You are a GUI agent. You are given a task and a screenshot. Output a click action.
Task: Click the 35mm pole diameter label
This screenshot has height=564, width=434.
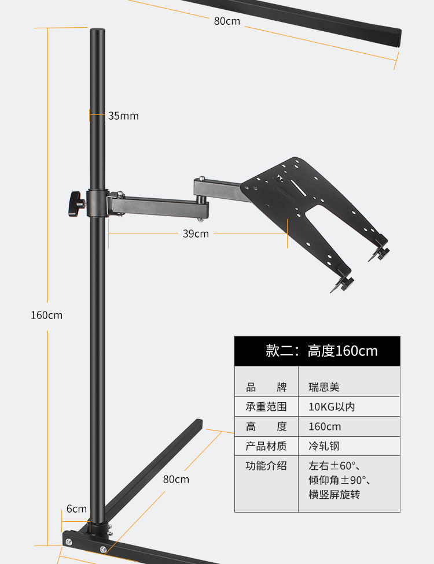(x=123, y=116)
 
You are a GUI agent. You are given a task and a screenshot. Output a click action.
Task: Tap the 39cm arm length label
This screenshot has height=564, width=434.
(x=196, y=233)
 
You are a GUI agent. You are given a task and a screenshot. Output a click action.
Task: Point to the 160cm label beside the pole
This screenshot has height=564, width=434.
(x=46, y=315)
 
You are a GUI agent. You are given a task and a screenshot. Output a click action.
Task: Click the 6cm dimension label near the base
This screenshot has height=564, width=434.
(x=76, y=509)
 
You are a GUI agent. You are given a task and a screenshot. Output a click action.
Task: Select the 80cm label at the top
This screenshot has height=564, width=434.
(x=227, y=21)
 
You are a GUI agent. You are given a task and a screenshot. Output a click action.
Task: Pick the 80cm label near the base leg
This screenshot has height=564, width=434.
(x=176, y=479)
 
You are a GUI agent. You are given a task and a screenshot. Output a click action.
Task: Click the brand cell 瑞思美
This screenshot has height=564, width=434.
(x=324, y=387)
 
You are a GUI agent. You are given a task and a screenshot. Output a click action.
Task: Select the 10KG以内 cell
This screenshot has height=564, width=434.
(x=332, y=407)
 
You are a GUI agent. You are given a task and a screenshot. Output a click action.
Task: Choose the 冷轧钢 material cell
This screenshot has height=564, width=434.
(x=324, y=446)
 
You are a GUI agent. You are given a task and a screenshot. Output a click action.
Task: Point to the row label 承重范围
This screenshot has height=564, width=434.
(x=266, y=407)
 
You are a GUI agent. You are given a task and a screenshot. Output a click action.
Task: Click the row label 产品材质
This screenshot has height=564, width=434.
(x=266, y=446)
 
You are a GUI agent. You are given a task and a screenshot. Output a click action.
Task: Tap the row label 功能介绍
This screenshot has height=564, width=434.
(x=266, y=466)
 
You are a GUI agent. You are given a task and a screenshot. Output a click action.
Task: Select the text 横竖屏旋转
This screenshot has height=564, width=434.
(x=334, y=495)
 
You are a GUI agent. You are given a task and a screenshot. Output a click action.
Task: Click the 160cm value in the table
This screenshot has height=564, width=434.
(x=325, y=426)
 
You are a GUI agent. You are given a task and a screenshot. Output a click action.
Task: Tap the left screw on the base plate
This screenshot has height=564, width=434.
(x=69, y=541)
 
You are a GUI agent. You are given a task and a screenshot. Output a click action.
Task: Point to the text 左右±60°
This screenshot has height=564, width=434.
(x=336, y=466)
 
